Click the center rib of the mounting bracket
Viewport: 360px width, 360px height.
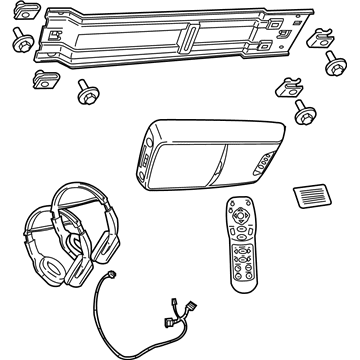click(x=186, y=40)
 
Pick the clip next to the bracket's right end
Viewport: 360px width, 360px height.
click(x=320, y=41)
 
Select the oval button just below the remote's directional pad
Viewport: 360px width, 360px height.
click(x=241, y=236)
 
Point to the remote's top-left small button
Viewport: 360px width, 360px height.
click(x=230, y=205)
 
